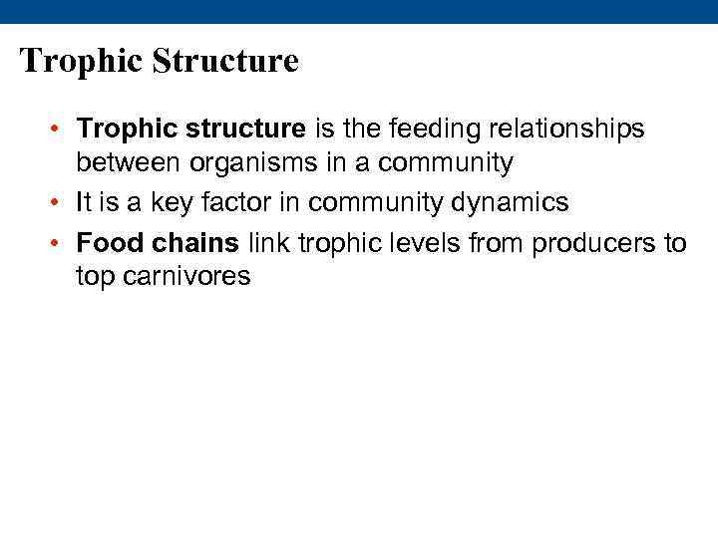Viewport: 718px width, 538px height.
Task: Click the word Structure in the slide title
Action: click(x=225, y=62)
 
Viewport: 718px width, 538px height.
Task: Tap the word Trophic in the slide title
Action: click(x=82, y=62)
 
